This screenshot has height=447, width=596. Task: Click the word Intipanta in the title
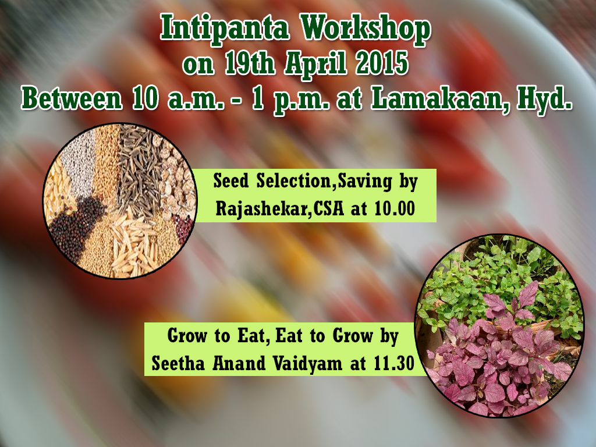click(224, 29)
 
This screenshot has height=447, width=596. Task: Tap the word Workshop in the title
click(366, 29)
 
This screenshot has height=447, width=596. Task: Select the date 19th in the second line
click(249, 63)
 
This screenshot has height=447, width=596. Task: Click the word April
click(315, 65)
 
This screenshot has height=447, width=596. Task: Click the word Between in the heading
click(72, 99)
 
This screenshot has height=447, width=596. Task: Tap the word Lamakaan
click(440, 100)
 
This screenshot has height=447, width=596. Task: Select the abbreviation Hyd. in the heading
click(544, 100)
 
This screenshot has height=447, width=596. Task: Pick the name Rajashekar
click(261, 209)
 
